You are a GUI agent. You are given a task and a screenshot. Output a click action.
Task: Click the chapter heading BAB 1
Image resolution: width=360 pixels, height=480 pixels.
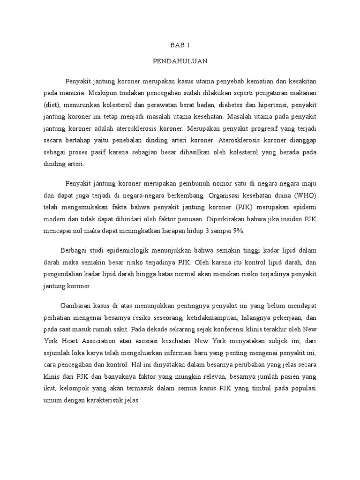click(180, 45)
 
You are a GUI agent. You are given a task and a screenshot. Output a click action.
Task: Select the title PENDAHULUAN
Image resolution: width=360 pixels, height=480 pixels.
click(180, 61)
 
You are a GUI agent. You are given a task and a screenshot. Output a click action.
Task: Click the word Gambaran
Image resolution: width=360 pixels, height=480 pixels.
click(78, 303)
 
